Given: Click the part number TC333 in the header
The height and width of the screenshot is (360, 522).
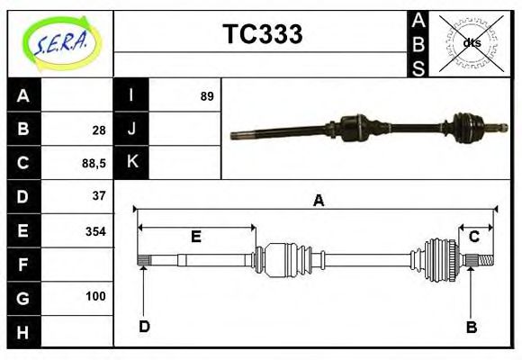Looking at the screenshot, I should (x=262, y=34).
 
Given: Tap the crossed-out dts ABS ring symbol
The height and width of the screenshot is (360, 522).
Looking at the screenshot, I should (x=471, y=42).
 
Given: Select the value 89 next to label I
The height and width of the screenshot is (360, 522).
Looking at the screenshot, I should (x=207, y=95).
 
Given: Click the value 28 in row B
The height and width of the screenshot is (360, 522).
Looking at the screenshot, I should (x=99, y=130).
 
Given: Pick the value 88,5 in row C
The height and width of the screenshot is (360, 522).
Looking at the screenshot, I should (x=94, y=163).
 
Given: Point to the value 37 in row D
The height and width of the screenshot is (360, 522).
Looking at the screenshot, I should (x=99, y=196).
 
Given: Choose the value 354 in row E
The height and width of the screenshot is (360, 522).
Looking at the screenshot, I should (x=95, y=231).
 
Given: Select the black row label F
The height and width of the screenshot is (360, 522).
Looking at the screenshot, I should (x=23, y=265).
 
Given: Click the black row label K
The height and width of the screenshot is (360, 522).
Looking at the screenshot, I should (x=131, y=163).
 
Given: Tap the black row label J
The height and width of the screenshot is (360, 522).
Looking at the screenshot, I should (x=131, y=130).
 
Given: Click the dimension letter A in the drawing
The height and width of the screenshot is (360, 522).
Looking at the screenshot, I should (x=318, y=201).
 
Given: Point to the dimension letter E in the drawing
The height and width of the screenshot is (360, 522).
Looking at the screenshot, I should (x=195, y=237).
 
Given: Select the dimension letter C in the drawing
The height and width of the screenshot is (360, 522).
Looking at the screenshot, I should (x=473, y=237).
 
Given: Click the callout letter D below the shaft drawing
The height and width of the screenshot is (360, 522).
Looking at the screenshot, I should (x=143, y=326).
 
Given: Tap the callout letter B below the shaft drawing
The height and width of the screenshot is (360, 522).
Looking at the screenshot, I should (x=471, y=327).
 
